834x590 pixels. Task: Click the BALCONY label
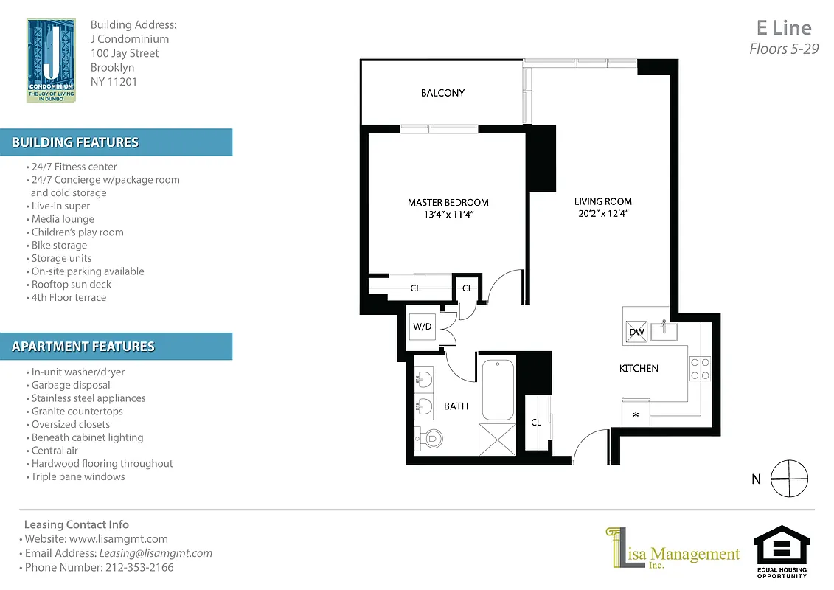[442, 93]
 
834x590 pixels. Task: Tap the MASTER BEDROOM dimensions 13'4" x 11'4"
[448, 215]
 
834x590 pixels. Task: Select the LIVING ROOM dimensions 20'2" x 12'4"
[602, 214]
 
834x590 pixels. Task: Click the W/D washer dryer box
[423, 327]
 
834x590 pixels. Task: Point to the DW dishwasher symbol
[636, 332]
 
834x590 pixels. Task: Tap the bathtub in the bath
[498, 389]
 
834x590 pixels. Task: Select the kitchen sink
[664, 331]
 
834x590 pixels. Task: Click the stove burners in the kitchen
[699, 368]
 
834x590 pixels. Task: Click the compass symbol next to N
[788, 479]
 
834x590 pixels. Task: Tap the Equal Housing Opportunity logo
[782, 550]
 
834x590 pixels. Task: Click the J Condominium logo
[51, 60]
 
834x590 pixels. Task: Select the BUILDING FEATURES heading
[75, 142]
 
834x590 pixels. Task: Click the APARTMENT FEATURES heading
[83, 347]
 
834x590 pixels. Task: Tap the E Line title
[784, 28]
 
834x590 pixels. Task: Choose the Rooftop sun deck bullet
[71, 285]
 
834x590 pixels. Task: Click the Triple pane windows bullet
[77, 476]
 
